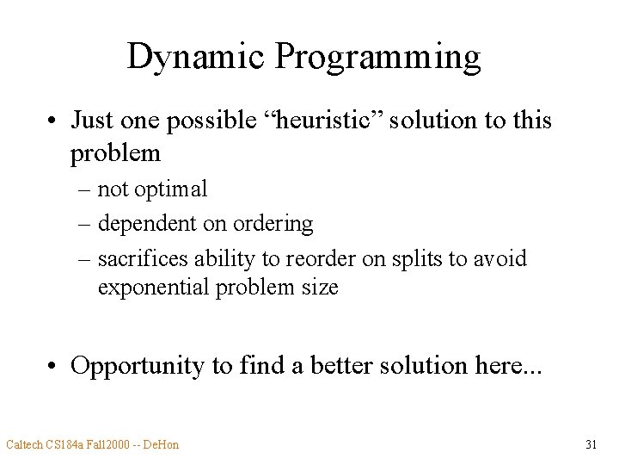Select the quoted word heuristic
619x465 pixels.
327,121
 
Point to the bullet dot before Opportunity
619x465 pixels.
53,366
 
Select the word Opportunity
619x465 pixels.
138,366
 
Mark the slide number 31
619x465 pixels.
591,445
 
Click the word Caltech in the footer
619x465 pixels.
25,445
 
